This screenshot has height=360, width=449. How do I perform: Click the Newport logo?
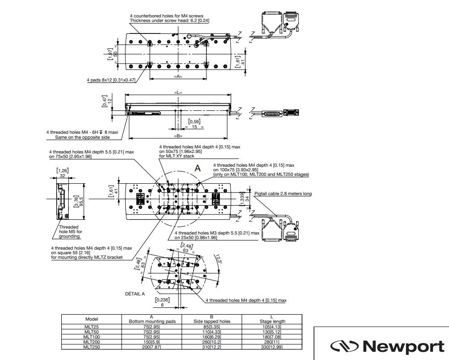click(x=387, y=346)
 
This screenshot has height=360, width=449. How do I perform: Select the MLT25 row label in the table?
click(x=92, y=327)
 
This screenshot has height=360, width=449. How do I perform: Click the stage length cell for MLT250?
click(x=272, y=347)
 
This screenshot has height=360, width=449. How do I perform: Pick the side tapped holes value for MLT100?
click(x=212, y=337)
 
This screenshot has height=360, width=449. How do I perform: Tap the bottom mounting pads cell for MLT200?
click(x=152, y=342)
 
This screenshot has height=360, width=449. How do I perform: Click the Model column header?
click(x=92, y=319)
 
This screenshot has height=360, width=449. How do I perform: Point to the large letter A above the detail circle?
click(x=198, y=168)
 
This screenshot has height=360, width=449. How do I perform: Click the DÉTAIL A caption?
click(x=135, y=294)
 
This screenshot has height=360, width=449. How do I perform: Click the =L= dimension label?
click(x=178, y=93)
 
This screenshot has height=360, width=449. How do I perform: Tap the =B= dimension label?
click(x=178, y=136)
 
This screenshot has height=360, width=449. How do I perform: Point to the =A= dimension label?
click(x=178, y=76)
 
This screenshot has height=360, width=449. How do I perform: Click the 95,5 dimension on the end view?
click(x=81, y=202)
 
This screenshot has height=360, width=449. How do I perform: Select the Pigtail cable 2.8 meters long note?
click(x=283, y=194)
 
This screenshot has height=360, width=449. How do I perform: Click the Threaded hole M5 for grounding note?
click(x=70, y=232)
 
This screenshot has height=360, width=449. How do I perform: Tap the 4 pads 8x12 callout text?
click(x=111, y=80)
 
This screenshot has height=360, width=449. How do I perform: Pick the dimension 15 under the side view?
click(x=195, y=127)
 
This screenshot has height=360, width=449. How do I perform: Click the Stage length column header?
click(x=272, y=322)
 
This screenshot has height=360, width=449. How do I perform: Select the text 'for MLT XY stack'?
click(x=177, y=156)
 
